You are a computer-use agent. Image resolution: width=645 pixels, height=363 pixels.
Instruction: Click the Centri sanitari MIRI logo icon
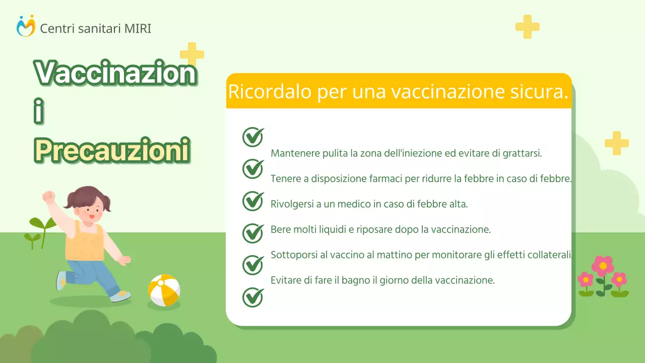click(x=26, y=26)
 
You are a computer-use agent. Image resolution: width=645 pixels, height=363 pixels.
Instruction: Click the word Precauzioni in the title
click(x=112, y=150)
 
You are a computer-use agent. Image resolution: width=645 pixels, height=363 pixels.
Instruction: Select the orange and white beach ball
click(x=164, y=290)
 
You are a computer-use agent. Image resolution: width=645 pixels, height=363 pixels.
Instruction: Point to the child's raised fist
click(x=48, y=197)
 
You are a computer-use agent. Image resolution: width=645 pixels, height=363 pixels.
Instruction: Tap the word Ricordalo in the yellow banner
click(x=258, y=92)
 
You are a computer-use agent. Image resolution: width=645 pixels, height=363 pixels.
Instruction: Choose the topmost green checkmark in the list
click(x=253, y=137)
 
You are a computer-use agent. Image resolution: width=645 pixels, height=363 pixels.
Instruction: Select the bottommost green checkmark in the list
click(x=253, y=297)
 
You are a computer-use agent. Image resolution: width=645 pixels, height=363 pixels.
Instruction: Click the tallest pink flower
click(x=603, y=266)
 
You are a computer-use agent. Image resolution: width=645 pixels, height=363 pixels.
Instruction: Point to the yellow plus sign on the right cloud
click(x=616, y=143)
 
